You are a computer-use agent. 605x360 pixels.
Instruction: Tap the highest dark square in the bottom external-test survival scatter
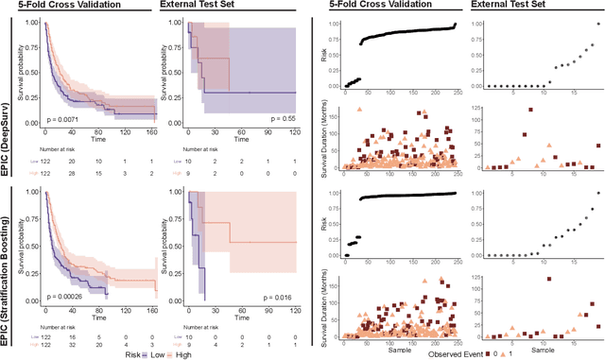pyautogui.click(x=548, y=279)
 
